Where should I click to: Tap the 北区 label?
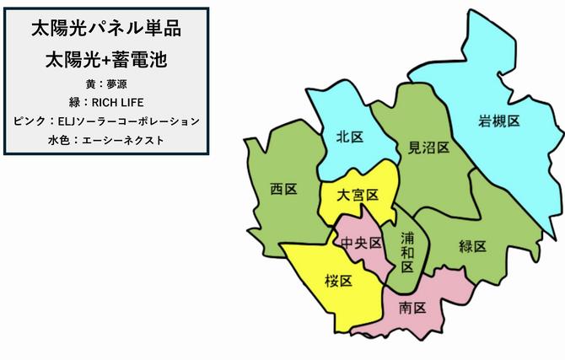click(349, 137)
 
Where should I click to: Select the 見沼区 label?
click(422, 147)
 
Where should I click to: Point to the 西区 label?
click(283, 189)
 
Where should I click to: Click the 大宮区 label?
click(358, 195)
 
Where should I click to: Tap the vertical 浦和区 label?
click(407, 252)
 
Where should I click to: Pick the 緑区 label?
click(472, 246)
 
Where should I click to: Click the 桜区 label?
click(338, 280)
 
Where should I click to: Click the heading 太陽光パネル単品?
click(105, 29)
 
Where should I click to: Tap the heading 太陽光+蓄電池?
click(105, 61)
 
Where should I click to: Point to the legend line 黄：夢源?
click(105, 84)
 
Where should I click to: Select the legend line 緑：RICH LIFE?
click(105, 102)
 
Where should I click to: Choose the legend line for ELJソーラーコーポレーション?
click(105, 121)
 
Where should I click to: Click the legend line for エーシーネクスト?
click(105, 139)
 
